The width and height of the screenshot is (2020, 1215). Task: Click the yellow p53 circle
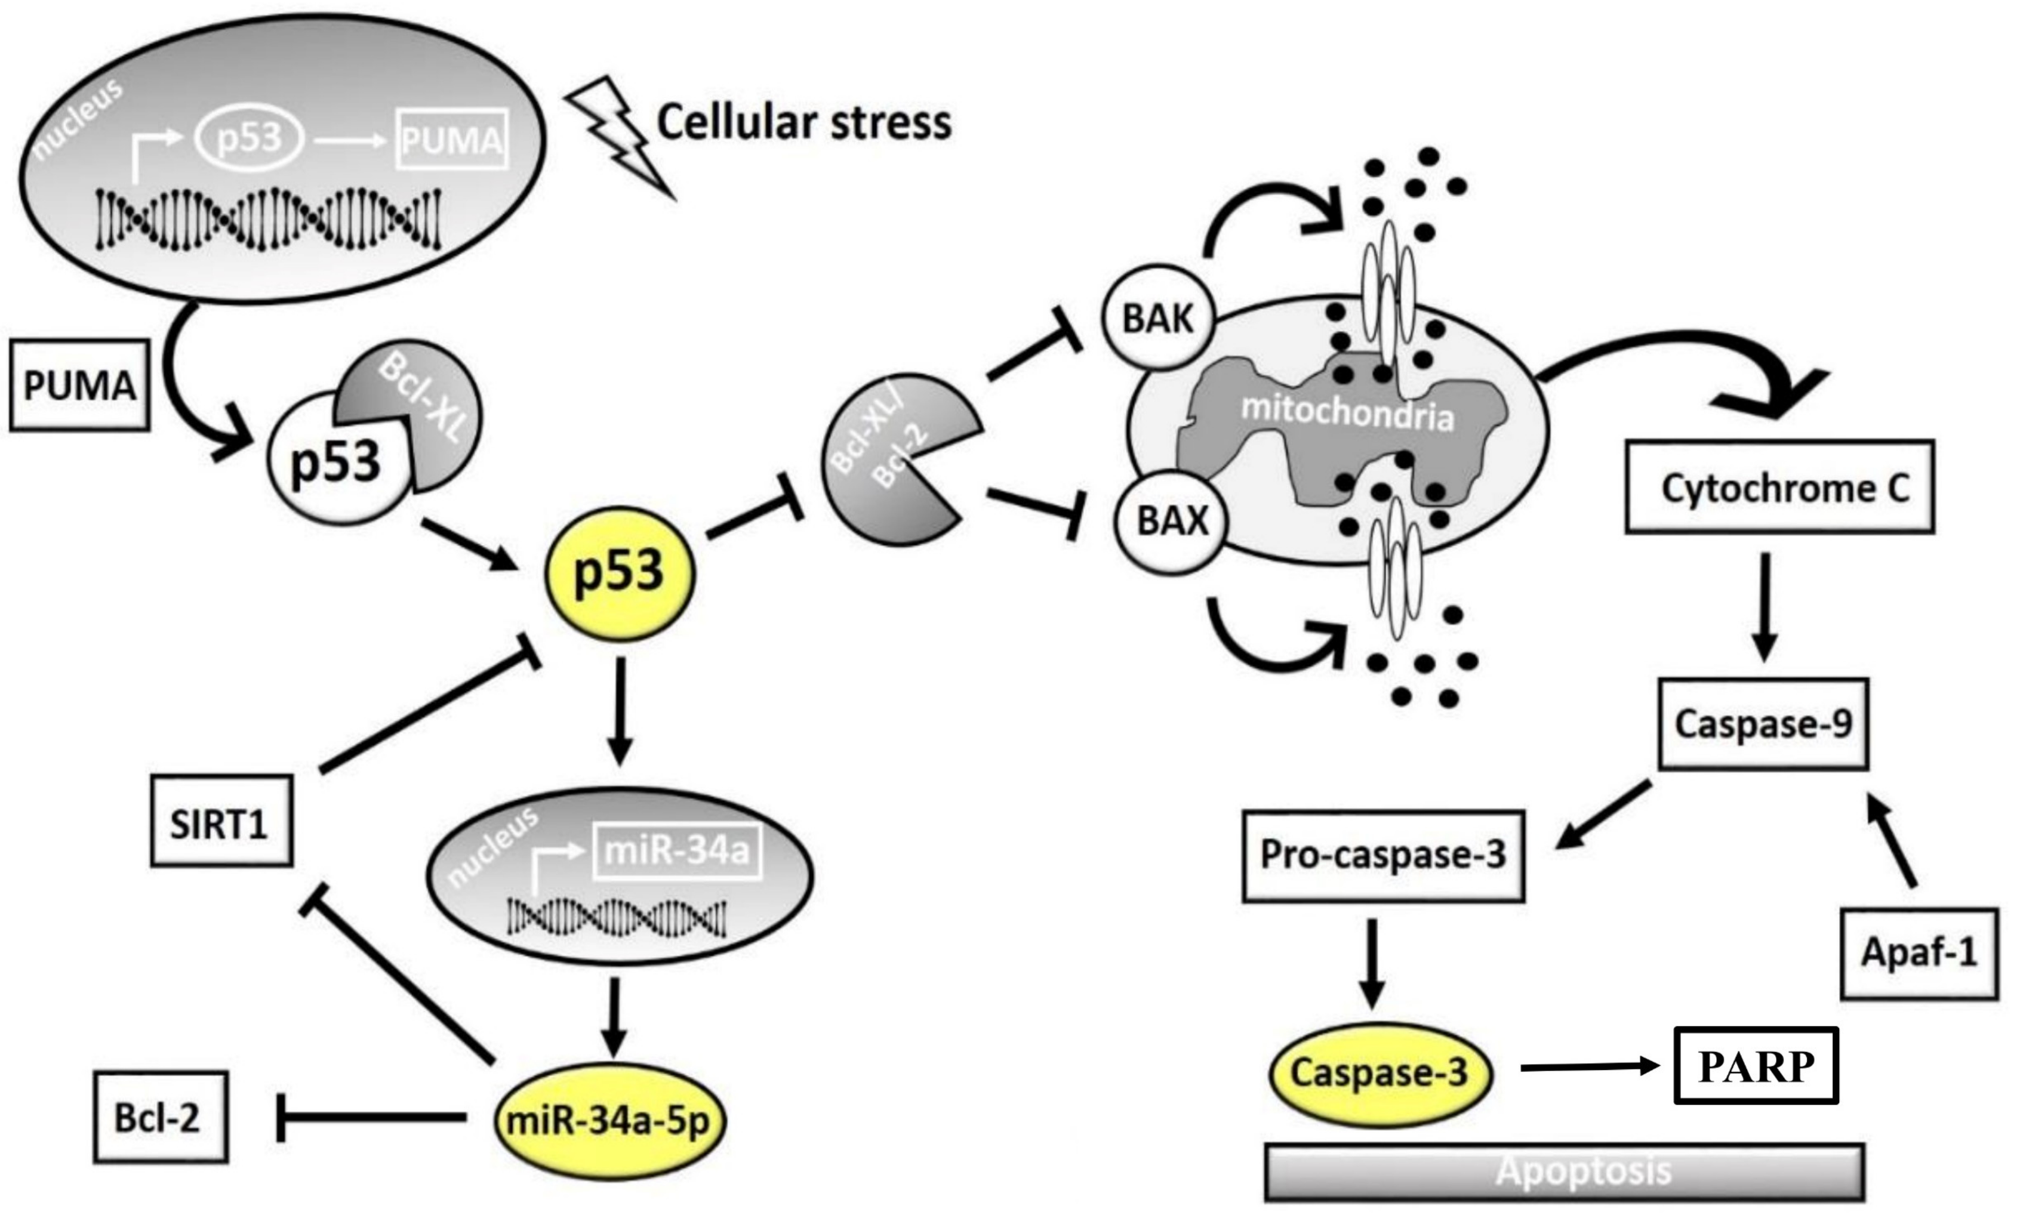point(620,573)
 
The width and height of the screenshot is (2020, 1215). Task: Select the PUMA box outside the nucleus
point(79,386)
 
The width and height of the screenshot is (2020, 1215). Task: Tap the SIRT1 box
point(221,822)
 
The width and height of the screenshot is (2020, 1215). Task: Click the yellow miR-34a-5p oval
point(610,1121)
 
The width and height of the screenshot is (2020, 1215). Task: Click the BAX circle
point(1172,522)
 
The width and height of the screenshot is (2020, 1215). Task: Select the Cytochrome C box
point(1779,488)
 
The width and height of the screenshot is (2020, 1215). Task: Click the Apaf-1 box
point(1919,953)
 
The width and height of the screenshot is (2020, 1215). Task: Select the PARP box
point(1756,1065)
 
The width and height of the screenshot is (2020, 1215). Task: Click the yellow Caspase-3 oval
point(1379,1074)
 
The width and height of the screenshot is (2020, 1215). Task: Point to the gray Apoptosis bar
point(1564,1171)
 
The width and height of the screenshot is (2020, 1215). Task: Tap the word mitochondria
point(1347,411)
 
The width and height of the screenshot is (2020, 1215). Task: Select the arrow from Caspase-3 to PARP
point(1588,1067)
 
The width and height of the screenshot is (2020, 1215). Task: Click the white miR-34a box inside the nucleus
point(676,852)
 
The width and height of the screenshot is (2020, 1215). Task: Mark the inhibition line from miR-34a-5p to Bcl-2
point(372,1117)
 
